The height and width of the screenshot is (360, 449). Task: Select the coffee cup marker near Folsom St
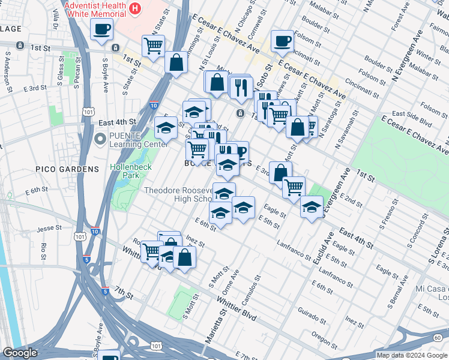point(282,41)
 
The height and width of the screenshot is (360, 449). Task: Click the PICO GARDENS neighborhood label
point(67,169)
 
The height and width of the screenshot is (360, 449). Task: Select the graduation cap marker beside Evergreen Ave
point(311,208)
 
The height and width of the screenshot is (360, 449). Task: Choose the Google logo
point(19,353)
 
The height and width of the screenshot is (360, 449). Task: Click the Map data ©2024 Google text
point(412,355)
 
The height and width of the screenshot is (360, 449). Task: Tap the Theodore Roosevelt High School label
point(179,194)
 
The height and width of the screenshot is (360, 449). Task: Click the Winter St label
point(429,56)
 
